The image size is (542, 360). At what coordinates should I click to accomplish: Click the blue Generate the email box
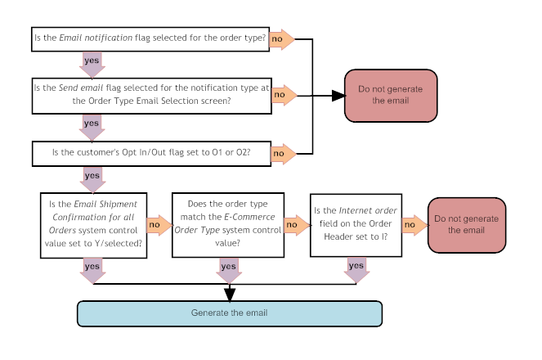[x=229, y=313]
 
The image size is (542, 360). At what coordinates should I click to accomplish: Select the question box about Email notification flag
[x=150, y=38]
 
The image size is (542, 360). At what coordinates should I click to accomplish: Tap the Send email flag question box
[x=150, y=95]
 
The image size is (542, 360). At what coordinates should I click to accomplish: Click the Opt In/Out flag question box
[x=150, y=152]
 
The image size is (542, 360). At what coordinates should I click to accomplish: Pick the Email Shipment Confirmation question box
[x=94, y=225]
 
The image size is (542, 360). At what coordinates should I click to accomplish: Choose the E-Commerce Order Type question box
[x=228, y=225]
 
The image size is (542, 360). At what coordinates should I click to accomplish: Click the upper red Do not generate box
[x=391, y=95]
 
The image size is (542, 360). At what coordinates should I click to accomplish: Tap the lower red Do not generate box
[x=464, y=225]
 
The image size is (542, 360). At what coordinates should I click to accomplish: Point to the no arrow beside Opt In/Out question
[x=282, y=152]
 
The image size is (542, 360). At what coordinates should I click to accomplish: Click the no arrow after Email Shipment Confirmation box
[x=157, y=223]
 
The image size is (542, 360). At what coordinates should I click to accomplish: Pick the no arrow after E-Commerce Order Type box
[x=294, y=223]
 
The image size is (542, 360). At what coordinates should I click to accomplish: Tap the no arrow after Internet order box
[x=414, y=224]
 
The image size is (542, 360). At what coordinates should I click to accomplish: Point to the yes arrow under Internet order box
[x=356, y=269]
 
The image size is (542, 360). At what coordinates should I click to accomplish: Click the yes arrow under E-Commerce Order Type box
[x=229, y=269]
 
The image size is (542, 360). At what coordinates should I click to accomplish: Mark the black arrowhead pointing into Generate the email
[x=229, y=293]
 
